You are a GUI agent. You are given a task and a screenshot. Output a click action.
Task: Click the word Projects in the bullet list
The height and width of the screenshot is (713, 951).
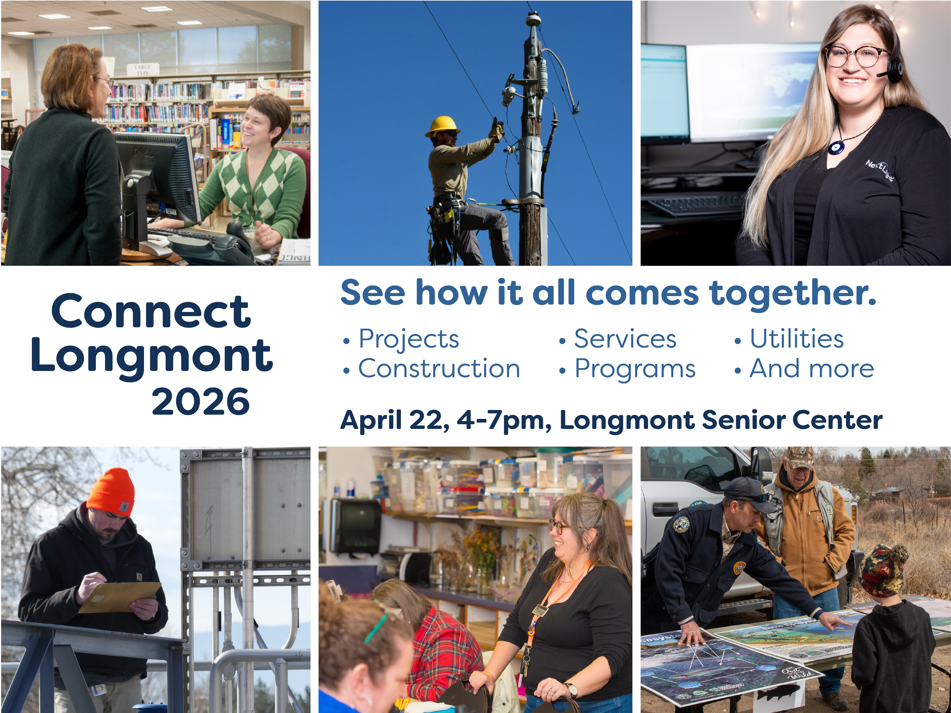409,339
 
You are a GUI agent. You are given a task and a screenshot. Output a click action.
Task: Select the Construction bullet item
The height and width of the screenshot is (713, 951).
439,369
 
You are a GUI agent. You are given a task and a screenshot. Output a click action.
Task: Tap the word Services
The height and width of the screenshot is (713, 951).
625,339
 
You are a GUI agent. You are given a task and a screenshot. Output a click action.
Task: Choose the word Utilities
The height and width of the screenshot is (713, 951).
797,339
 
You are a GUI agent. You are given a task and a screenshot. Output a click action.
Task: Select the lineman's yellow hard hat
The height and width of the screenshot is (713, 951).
442,126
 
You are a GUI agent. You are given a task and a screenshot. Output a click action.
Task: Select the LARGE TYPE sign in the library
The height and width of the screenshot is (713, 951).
142,70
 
